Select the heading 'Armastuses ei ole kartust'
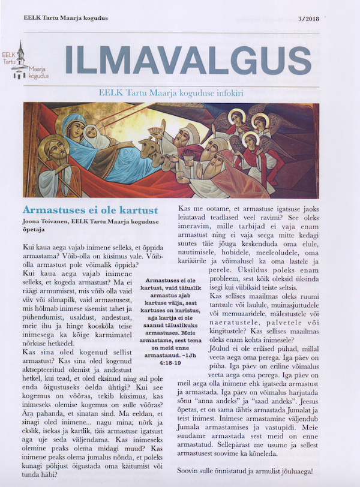coord(90,211)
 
